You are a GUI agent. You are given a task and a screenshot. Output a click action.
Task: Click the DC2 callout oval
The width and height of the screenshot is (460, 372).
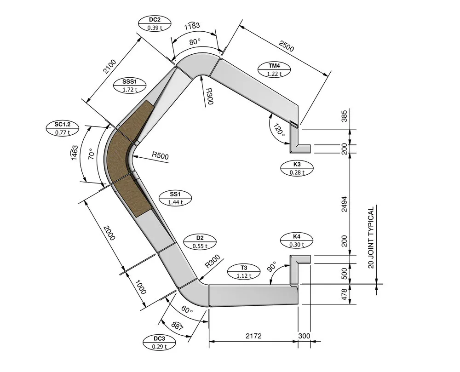[155, 23]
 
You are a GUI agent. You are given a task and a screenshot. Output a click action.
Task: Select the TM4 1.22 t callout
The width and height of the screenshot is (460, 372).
[274, 70]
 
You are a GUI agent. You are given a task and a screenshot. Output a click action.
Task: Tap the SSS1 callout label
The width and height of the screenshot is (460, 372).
[130, 86]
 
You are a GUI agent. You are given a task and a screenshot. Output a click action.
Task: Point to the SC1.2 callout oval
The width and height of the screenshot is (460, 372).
[63, 128]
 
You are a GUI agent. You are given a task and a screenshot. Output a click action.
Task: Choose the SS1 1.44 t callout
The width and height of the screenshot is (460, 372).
[175, 198]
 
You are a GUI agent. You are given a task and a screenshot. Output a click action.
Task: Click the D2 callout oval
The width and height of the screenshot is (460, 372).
[200, 242]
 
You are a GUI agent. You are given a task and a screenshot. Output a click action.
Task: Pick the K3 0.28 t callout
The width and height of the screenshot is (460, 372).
[297, 168]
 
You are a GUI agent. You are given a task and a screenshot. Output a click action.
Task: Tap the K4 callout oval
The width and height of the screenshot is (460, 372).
[297, 240]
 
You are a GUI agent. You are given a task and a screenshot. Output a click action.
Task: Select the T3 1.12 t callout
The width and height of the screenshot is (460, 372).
[244, 271]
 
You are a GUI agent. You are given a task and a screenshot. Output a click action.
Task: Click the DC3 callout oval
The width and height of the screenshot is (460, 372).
[159, 343]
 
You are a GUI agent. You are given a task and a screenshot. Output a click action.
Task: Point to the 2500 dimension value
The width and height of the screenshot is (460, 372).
[286, 46]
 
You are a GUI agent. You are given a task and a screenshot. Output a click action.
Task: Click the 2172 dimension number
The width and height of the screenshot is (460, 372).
[253, 336]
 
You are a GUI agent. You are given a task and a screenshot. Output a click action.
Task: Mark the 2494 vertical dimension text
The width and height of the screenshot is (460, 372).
[345, 204]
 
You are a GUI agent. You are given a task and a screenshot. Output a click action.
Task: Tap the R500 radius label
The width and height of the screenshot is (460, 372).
[160, 155]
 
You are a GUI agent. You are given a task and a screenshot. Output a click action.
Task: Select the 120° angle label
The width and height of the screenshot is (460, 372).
[279, 130]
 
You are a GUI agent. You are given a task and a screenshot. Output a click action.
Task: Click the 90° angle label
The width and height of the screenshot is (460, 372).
[272, 266]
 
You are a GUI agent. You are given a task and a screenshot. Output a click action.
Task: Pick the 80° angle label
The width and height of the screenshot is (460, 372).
[195, 42]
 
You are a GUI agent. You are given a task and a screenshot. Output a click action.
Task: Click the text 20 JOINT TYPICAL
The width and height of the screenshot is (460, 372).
[371, 237]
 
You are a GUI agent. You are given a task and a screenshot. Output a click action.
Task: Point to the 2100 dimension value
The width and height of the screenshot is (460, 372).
[109, 67]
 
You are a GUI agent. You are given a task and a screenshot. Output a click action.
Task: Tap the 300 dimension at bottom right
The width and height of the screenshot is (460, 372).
[304, 336]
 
